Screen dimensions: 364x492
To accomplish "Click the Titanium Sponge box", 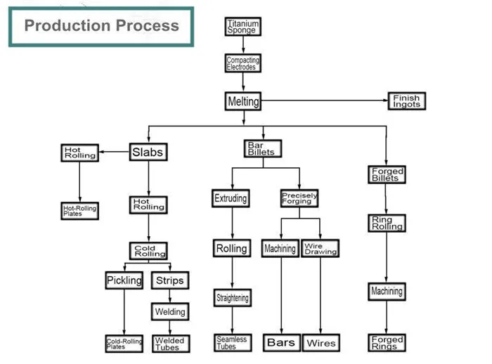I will (x=242, y=27).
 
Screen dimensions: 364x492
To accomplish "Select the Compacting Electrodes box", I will (x=242, y=64).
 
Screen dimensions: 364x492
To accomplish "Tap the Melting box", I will (x=243, y=102).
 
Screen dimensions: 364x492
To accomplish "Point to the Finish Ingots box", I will (x=406, y=101).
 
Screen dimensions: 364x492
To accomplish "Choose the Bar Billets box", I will (x=261, y=149).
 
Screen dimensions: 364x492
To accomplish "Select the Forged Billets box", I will (x=387, y=174).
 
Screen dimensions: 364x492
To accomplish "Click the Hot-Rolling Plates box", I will (x=79, y=211).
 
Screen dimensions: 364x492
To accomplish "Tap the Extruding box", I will (x=231, y=199).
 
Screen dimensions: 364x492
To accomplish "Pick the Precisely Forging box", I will (x=299, y=198).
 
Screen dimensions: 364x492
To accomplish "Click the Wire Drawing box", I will (x=321, y=249).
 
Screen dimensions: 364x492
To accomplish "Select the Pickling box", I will (x=124, y=280).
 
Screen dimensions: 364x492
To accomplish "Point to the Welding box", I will (x=169, y=311).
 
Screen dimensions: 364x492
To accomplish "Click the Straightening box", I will (x=231, y=298).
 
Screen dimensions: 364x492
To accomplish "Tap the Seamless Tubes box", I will (x=231, y=343).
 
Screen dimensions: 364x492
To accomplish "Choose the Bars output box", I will (x=281, y=343).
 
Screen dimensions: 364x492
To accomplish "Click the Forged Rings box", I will (x=387, y=343).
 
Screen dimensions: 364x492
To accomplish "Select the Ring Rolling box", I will (x=387, y=223).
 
